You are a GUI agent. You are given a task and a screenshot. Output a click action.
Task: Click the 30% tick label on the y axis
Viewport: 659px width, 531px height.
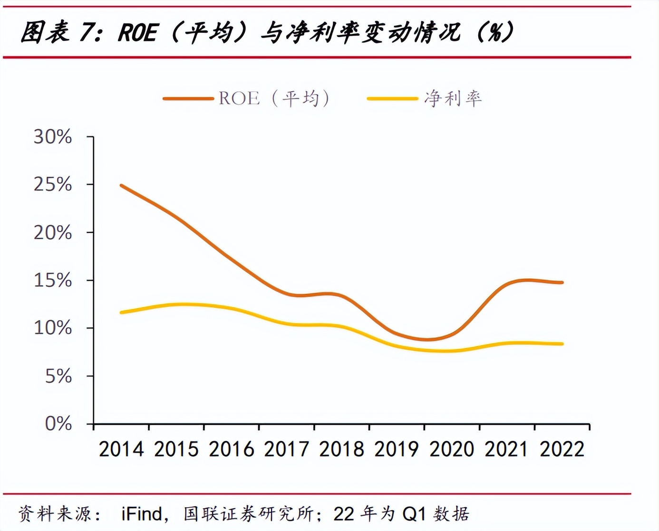point(52,137)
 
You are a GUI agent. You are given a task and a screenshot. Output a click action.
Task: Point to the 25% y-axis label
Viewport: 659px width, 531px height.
point(52,184)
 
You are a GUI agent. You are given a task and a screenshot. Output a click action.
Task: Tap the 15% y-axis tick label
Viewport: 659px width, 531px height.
point(52,280)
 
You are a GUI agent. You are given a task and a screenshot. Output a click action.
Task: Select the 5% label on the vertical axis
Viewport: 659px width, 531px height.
point(58,376)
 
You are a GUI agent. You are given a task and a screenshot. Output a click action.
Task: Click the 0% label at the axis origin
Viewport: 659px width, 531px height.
point(58,423)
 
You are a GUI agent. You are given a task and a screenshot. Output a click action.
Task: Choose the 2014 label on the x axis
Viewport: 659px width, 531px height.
point(121,449)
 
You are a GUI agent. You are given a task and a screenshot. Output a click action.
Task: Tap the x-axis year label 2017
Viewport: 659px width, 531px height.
point(286,449)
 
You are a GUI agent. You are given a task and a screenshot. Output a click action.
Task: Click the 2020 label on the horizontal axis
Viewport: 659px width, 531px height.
point(452,449)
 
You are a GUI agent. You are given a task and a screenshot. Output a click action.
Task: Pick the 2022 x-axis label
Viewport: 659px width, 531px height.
point(562,449)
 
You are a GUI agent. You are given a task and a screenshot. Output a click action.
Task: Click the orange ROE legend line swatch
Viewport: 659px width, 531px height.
point(188,99)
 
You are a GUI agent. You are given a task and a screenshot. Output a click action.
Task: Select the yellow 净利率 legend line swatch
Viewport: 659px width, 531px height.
point(392,99)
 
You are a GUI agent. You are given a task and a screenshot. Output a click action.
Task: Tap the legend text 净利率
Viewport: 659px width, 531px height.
point(453,98)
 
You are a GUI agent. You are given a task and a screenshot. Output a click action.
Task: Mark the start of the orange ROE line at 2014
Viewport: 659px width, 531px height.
point(122,186)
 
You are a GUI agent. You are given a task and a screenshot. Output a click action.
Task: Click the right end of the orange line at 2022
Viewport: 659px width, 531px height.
point(562,283)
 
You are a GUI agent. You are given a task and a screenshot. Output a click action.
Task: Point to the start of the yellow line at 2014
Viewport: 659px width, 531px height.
point(122,313)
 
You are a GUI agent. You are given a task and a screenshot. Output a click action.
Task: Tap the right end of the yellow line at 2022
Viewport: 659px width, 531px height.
point(562,344)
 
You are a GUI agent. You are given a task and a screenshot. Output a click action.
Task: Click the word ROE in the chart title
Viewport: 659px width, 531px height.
point(137,33)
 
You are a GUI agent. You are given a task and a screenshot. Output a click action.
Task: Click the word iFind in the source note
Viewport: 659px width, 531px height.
point(141,514)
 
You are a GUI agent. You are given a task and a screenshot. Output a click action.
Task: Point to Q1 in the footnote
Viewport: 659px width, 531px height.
point(414,514)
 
